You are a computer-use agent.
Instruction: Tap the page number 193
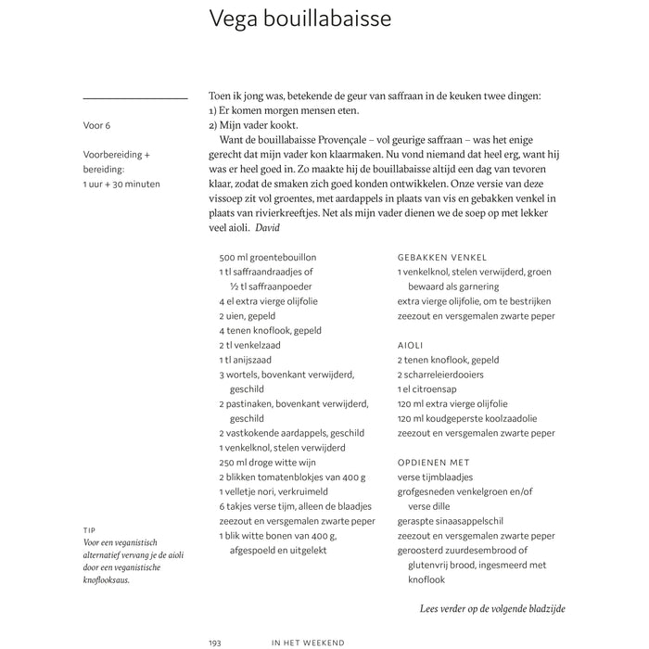[216, 641]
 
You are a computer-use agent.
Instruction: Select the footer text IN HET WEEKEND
[309, 641]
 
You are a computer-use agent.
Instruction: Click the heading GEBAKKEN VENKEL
[441, 258]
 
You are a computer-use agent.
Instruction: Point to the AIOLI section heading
[412, 345]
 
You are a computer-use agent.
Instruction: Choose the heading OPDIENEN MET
[433, 462]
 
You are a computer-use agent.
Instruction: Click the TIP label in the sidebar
[89, 531]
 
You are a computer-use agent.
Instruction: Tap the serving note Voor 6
[96, 125]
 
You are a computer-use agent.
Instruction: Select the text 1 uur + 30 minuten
[121, 184]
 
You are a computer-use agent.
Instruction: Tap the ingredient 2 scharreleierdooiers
[440, 375]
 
